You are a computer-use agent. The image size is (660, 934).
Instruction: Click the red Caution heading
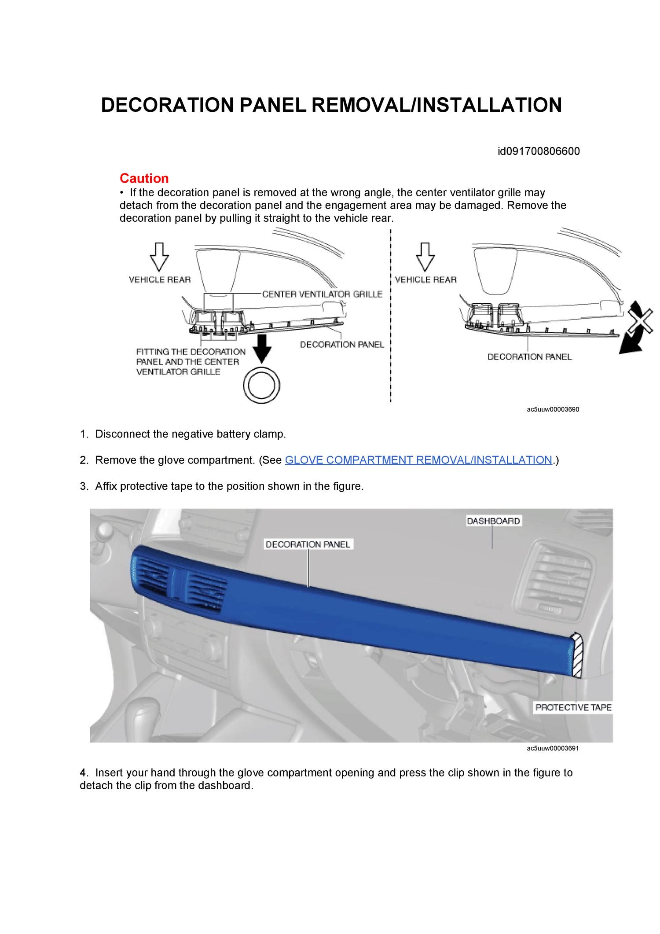point(144,178)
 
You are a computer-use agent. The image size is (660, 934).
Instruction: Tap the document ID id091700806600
point(539,151)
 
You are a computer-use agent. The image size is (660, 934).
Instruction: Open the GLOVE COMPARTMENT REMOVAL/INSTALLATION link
point(418,460)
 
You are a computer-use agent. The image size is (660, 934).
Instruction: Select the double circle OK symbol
point(261,386)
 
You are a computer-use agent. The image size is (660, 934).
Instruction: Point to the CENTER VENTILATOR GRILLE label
point(322,294)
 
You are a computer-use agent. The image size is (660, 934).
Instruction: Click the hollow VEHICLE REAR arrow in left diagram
point(159,257)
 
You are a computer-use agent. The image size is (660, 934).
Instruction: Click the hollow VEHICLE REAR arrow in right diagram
point(425,257)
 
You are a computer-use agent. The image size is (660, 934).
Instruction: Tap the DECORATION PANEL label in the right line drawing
point(529,357)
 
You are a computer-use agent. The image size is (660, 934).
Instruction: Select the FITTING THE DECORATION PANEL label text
point(191,361)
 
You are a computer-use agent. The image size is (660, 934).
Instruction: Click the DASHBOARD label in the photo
point(493,521)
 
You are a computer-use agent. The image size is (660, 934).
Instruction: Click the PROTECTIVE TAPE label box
point(573,707)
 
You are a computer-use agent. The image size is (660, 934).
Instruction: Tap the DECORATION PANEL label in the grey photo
point(308,544)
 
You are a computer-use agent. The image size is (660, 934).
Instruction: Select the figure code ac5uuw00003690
point(553,409)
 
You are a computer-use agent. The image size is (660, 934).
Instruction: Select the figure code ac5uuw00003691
point(553,748)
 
